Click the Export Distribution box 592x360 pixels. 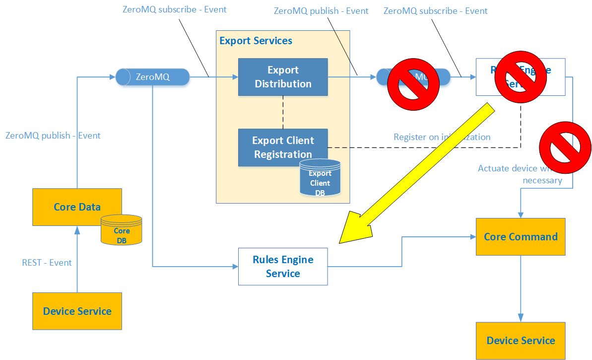[283, 77]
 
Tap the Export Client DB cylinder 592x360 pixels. [320, 178]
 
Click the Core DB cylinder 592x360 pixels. [121, 230]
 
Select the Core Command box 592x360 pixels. [521, 237]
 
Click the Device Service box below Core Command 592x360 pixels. [521, 341]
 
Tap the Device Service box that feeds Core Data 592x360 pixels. [77, 311]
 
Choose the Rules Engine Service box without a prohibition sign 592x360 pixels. [283, 266]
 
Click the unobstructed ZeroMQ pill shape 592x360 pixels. [153, 77]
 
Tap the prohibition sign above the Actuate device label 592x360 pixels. [565, 147]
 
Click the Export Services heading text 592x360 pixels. [256, 41]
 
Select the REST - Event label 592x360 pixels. [47, 263]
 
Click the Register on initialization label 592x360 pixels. [442, 137]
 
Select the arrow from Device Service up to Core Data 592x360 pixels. [77, 258]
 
